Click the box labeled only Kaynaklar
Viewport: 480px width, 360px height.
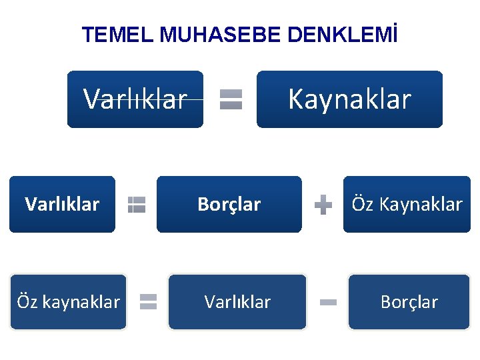pyautogui.click(x=349, y=99)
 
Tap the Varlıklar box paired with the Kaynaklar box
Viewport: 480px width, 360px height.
pyautogui.click(x=135, y=99)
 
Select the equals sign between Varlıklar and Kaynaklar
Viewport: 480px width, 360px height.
pyautogui.click(x=231, y=99)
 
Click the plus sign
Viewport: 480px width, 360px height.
pyautogui.click(x=323, y=204)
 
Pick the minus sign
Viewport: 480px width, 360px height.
pyautogui.click(x=328, y=302)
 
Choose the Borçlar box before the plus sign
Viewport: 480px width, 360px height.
pyautogui.click(x=229, y=204)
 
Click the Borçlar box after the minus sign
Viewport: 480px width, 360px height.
pyautogui.click(x=409, y=302)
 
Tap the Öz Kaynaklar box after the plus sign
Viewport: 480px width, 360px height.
pyautogui.click(x=407, y=204)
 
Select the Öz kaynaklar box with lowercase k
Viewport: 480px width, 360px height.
pyautogui.click(x=68, y=302)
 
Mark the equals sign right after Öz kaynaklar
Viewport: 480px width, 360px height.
pyautogui.click(x=148, y=302)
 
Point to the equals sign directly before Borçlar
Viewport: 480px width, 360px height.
pyautogui.click(x=137, y=204)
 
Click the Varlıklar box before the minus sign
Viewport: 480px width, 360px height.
pyautogui.click(x=237, y=302)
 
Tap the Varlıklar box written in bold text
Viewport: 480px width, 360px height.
pyautogui.click(x=62, y=204)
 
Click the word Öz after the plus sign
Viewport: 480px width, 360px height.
pyautogui.click(x=362, y=204)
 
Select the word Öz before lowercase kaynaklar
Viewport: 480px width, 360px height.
pyautogui.click(x=27, y=302)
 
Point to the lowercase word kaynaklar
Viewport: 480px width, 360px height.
pyautogui.click(x=81, y=302)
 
